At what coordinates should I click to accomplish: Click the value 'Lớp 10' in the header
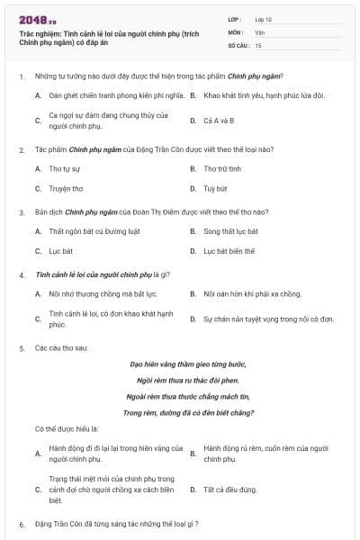click(x=263, y=19)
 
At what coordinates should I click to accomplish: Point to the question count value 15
click(x=258, y=44)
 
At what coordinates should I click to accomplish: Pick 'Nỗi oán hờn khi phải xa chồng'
click(x=251, y=293)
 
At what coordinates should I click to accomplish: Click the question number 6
click(x=21, y=524)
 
